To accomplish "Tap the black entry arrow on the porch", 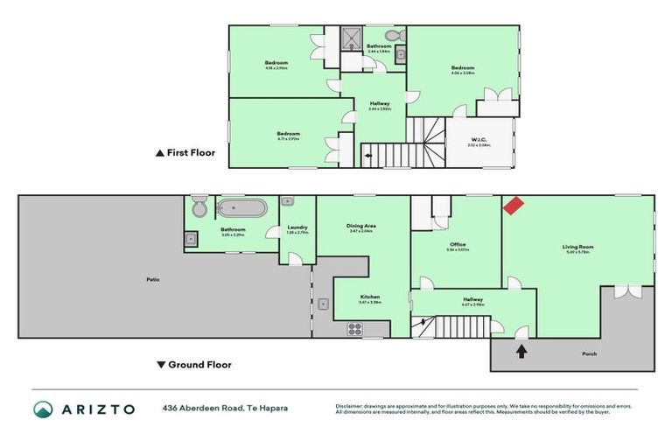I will point(521,352).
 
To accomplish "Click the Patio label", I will point(153,280).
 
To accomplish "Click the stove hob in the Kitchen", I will point(355,329).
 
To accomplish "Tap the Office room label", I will point(457,244).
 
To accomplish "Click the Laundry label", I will point(297,227).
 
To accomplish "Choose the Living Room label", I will point(577,248).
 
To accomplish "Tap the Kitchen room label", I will point(369,297).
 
